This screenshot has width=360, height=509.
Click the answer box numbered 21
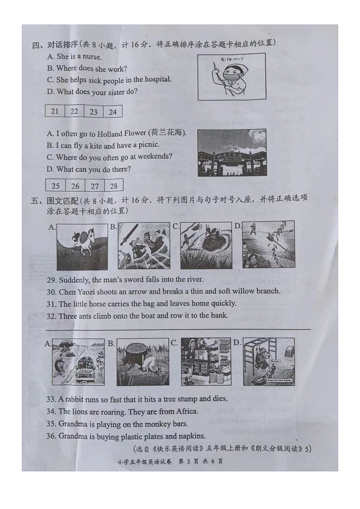55,111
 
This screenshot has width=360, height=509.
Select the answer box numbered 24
112,111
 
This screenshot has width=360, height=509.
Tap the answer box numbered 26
75,185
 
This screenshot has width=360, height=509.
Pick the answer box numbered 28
113,185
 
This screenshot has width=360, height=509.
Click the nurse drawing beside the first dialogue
231,77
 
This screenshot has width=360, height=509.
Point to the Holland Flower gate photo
232,153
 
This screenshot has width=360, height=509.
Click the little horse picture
82,246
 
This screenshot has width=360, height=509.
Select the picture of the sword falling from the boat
144,246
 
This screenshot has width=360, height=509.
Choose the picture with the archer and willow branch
268,245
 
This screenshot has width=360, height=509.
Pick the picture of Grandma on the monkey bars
268,362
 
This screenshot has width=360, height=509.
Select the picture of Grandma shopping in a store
206,362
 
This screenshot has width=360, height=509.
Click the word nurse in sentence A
92,57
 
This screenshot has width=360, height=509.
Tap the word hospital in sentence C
157,80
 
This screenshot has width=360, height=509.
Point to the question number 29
51,280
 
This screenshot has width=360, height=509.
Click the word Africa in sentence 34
186,412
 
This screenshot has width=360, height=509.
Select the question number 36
51,436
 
